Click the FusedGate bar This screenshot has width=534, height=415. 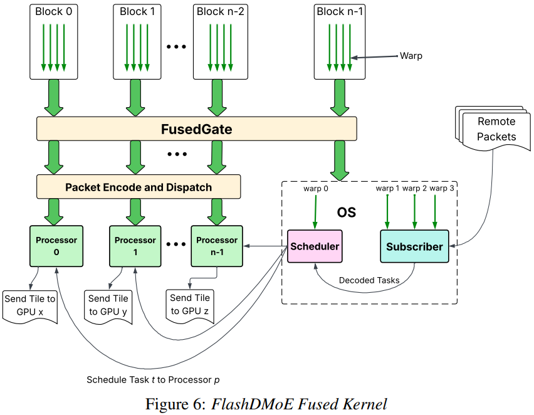point(196,130)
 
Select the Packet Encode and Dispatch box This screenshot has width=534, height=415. point(139,187)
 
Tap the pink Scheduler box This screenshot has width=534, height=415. point(315,246)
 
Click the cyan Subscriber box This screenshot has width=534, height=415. point(414,246)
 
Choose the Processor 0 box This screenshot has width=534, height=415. point(57,245)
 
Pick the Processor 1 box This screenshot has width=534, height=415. point(135,245)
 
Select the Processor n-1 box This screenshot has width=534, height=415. point(217,245)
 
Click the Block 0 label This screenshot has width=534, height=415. point(54,11)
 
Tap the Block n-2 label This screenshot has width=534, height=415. point(218,11)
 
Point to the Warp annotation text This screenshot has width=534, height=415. point(411,56)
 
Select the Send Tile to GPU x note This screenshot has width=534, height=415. point(29,306)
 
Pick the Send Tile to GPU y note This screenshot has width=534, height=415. point(108,306)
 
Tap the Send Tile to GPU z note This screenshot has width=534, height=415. point(190,305)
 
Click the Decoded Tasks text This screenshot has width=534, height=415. point(369,280)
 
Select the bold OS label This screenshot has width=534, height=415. point(346,213)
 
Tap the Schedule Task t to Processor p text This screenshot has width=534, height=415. point(153,380)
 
